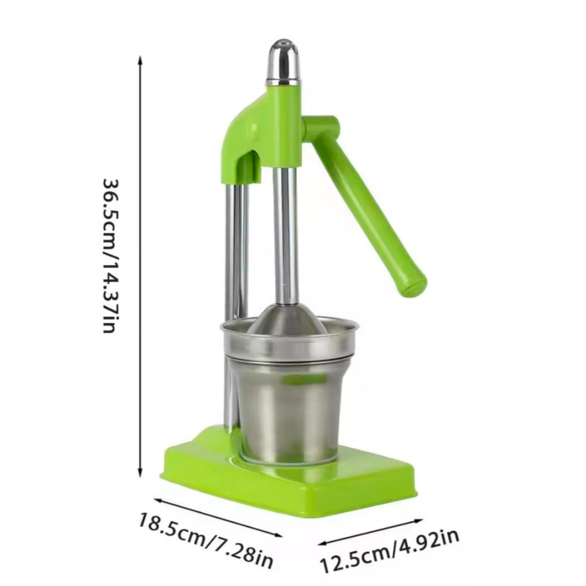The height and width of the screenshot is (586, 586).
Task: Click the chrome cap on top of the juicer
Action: (283, 61)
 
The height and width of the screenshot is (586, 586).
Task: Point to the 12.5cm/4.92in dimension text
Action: (390, 551)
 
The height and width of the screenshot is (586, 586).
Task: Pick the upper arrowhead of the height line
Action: (140, 60)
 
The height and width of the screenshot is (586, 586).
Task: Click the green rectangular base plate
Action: (287, 481)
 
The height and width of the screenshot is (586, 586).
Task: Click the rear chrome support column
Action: (238, 249)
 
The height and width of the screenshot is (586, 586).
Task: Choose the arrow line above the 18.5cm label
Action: (218, 517)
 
